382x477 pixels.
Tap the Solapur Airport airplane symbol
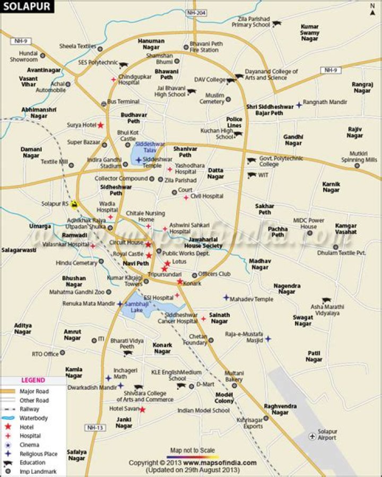coord(313,436)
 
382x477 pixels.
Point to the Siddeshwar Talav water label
coord(150,147)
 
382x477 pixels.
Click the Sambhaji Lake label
coord(136,307)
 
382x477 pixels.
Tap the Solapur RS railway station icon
coord(75,204)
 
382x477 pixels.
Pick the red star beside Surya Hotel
coord(100,125)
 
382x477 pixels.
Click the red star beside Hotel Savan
coord(142,409)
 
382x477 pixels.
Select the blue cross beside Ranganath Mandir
coord(299,105)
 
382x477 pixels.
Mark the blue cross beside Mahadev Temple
coord(226,298)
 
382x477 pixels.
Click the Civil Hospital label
coord(207,197)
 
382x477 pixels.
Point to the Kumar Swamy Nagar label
coord(309,32)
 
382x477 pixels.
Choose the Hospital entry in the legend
coord(30,436)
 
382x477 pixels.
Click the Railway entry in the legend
coord(29,409)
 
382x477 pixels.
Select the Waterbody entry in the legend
coord(33,418)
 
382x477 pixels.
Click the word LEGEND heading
coord(33,380)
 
